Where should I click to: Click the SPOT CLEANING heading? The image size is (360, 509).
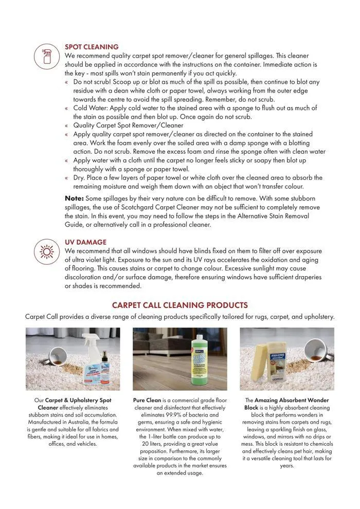(92, 47)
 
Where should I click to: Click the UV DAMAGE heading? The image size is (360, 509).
(85, 242)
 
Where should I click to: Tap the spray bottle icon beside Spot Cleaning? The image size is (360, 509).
(47, 56)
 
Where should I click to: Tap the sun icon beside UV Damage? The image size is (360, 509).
(47, 251)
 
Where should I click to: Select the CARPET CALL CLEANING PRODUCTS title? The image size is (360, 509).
(179, 305)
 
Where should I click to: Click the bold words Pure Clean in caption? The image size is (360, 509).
(148, 400)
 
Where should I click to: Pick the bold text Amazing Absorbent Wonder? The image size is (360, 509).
(292, 400)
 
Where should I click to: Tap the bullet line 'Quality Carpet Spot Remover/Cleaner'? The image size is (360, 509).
(128, 125)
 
